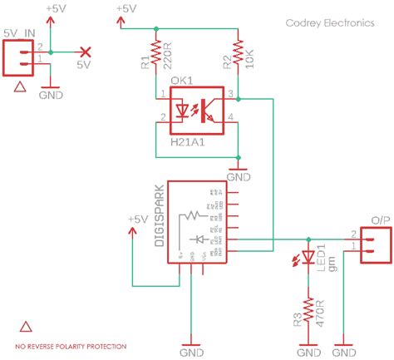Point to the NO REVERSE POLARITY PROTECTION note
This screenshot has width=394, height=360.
click(71, 345)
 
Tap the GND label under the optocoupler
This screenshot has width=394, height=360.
click(239, 176)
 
